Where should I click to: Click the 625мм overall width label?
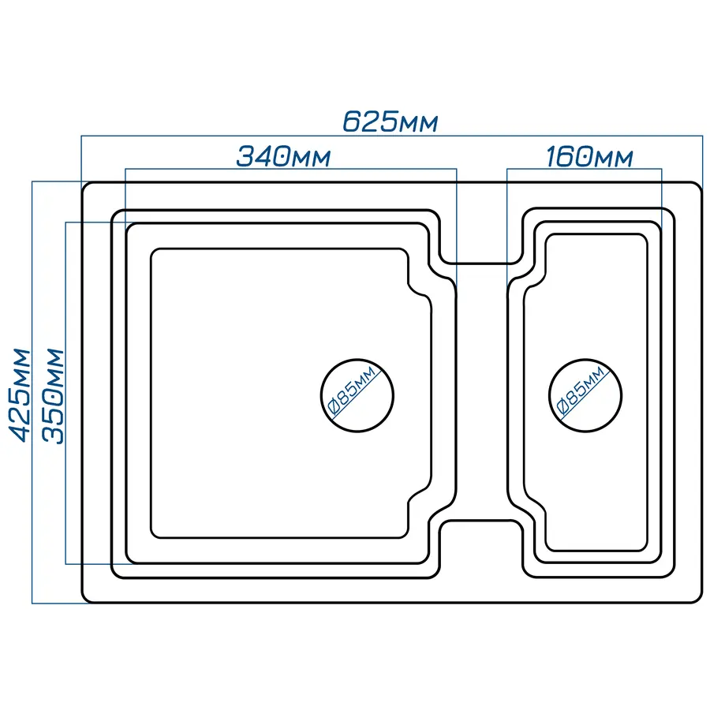[x=390, y=121]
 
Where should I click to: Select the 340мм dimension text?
[x=283, y=156]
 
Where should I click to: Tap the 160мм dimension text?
[x=589, y=156]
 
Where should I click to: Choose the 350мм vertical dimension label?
[x=53, y=396]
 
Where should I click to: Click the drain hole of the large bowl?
[x=357, y=395]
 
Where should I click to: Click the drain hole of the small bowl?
[x=585, y=395]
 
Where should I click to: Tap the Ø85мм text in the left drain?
[x=352, y=390]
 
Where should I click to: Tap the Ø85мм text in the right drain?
[x=581, y=390]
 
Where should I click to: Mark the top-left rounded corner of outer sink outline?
[x=85, y=185]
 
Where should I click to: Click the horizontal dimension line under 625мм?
[x=392, y=136]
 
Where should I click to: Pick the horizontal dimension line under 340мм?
[x=290, y=169]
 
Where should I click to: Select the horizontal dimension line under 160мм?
[x=584, y=169]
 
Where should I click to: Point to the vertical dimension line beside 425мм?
[x=32, y=393]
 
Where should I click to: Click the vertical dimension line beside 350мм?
[x=65, y=393]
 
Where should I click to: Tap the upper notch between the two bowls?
[x=481, y=263]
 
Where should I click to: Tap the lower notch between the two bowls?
[x=481, y=521]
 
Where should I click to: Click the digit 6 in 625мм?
[x=353, y=121]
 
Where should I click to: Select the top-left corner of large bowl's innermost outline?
[x=154, y=252]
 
